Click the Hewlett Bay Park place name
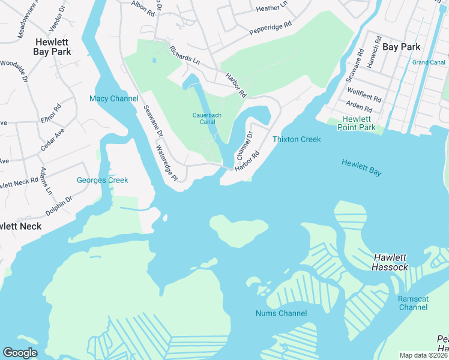53,47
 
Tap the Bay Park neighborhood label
401,46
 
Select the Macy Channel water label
113,98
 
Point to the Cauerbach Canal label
208,118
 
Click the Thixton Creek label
297,139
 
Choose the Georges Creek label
102,180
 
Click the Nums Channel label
281,313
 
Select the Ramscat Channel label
413,303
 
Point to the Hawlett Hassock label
391,262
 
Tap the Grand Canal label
428,62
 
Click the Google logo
20,352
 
